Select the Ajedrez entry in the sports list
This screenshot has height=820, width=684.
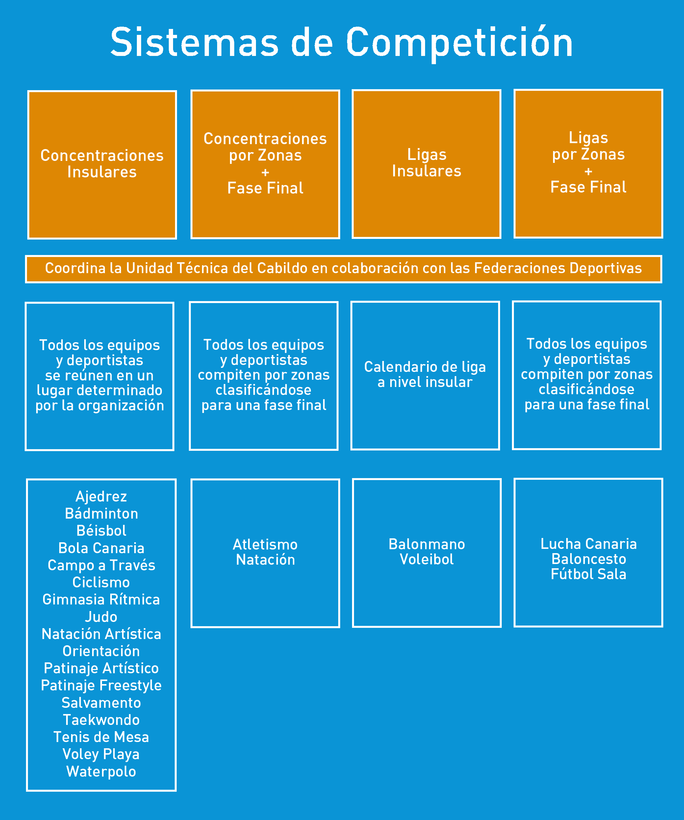(x=101, y=496)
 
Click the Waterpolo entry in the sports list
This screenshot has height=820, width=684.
(x=101, y=771)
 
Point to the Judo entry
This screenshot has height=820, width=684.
(x=101, y=617)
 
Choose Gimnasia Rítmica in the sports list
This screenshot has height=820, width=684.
(x=101, y=600)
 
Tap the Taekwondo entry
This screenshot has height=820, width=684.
(x=101, y=720)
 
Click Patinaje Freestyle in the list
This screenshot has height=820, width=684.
(x=101, y=685)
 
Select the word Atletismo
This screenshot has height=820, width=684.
(x=265, y=544)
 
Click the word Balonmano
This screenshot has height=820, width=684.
(x=427, y=544)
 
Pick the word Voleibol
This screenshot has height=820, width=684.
(x=427, y=559)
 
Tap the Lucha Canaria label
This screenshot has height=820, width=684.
(x=588, y=544)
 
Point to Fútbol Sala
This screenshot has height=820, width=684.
(x=588, y=574)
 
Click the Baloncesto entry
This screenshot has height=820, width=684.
(x=588, y=559)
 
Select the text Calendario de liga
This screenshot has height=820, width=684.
(x=425, y=367)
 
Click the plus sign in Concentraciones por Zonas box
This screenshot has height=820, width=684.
(x=265, y=172)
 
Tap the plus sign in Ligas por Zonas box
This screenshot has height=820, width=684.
(x=588, y=171)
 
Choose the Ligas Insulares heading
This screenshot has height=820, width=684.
(x=427, y=163)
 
